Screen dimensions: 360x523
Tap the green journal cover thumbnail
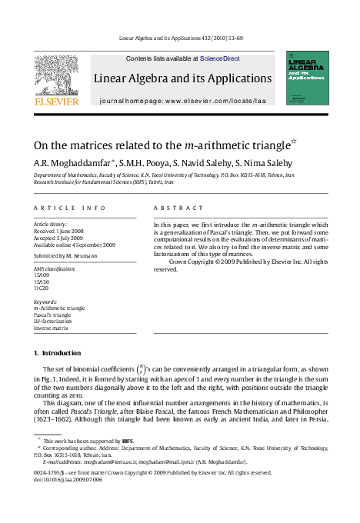[307, 78]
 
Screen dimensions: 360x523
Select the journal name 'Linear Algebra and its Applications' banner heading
[182, 78]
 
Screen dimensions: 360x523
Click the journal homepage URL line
[182, 101]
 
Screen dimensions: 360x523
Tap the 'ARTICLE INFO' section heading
[69, 208]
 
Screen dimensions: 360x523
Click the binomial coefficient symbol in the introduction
[139, 371]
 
